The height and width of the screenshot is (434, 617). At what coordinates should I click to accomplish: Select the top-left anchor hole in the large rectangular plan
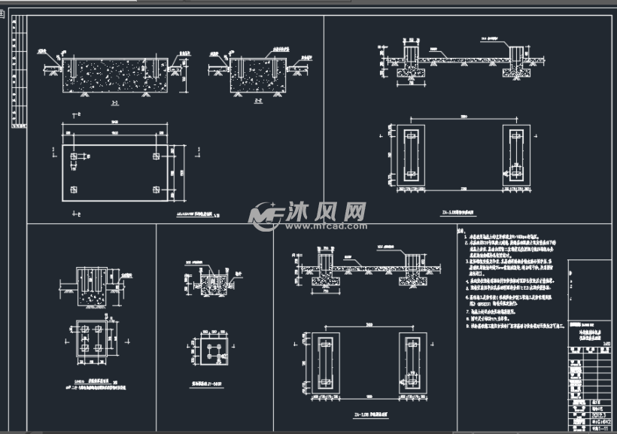[73, 157]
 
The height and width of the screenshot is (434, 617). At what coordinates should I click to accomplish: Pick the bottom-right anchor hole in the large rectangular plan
[156, 187]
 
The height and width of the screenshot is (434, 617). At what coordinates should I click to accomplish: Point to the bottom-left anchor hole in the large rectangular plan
[73, 187]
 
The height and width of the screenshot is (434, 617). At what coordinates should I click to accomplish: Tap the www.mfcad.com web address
[324, 225]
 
